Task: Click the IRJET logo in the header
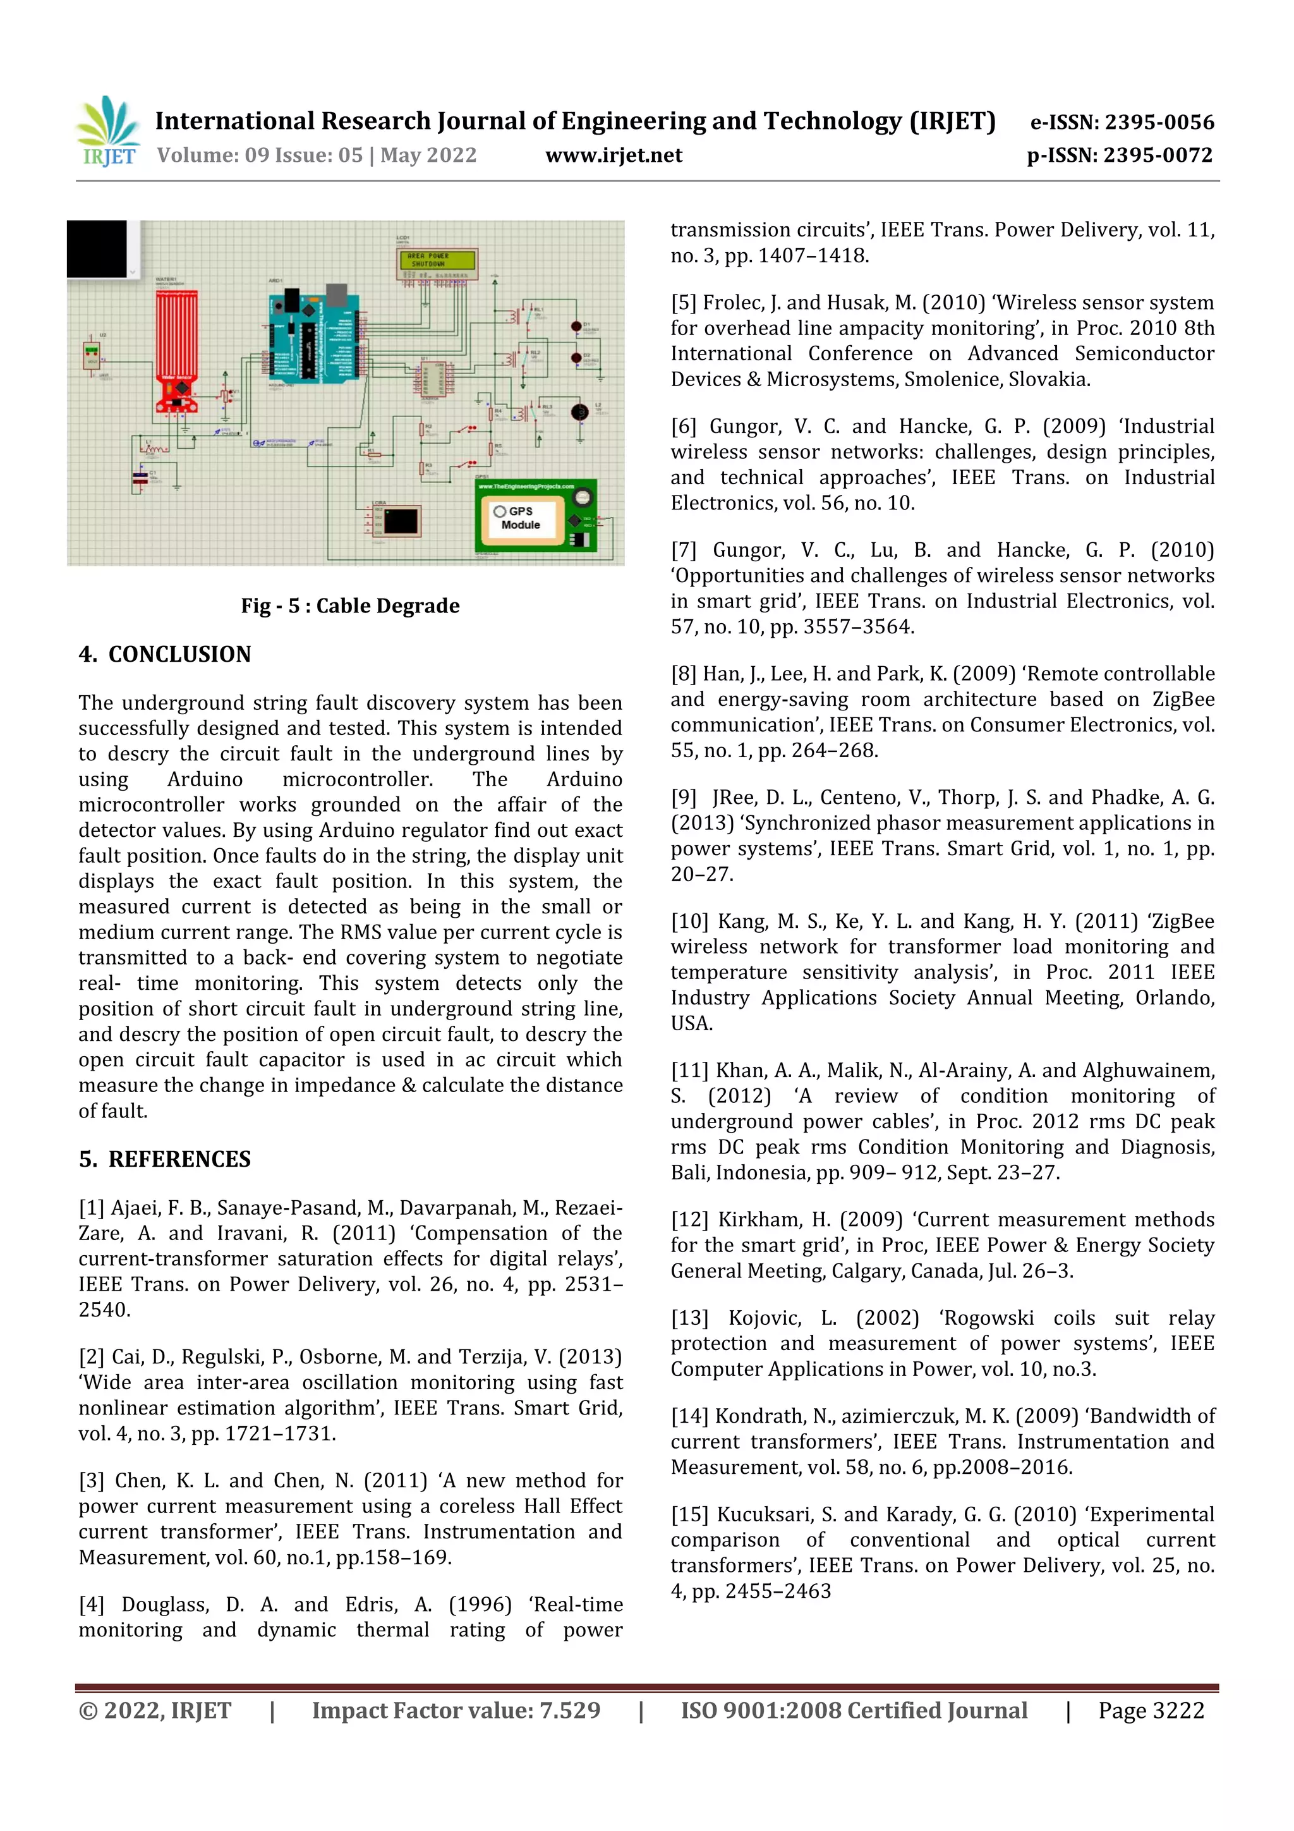(107, 131)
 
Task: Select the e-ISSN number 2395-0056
(1121, 123)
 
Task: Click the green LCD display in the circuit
(437, 260)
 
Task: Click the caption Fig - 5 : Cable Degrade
(350, 606)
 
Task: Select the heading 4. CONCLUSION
(165, 655)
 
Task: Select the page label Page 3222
(1151, 1710)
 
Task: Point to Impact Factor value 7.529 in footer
(456, 1710)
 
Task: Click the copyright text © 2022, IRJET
(155, 1710)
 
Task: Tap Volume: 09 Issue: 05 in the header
(260, 155)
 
